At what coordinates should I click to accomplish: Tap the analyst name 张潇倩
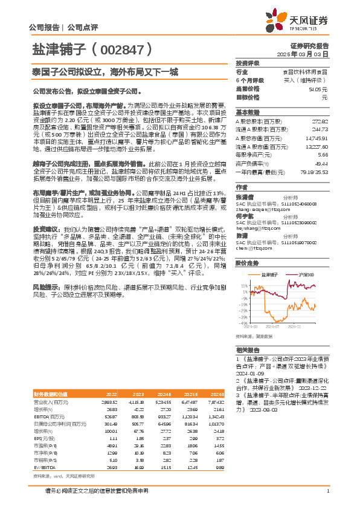244,197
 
